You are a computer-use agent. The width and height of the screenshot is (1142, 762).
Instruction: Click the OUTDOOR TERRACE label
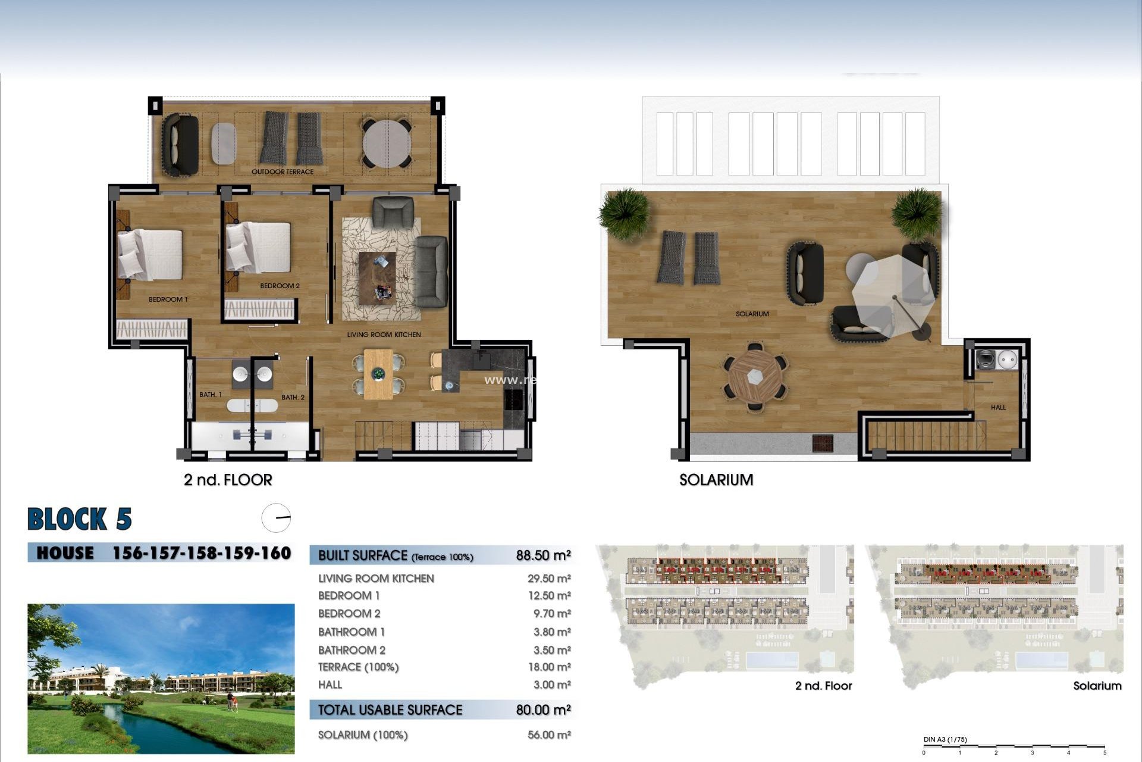pos(282,172)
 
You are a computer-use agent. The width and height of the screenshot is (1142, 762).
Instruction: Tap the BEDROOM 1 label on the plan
pos(168,299)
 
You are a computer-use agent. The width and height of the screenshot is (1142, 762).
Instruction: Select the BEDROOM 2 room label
pos(280,286)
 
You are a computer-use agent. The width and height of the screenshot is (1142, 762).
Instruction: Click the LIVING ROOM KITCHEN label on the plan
pos(384,335)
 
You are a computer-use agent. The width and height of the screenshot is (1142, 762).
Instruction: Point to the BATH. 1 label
pos(211,395)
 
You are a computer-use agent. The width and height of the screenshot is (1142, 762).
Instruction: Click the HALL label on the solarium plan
pos(998,408)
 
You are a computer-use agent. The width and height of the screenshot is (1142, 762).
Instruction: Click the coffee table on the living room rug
pos(377,277)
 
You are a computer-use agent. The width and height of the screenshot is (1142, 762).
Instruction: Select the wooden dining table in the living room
pos(378,374)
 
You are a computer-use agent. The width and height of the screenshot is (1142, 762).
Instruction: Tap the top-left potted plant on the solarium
pos(624,212)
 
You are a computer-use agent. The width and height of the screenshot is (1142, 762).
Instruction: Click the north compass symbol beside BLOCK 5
pos(276,518)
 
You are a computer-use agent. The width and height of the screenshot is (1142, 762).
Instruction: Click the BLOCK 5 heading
pos(80,519)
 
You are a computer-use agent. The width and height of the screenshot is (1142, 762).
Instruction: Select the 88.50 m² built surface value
pos(543,555)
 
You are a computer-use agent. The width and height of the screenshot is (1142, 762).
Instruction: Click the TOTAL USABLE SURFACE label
pos(390,710)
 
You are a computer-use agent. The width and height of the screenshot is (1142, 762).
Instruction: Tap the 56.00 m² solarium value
pos(548,735)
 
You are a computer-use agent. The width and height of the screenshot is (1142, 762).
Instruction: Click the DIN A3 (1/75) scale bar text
pos(945,739)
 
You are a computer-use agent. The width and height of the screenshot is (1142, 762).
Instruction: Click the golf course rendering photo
pos(161,679)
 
